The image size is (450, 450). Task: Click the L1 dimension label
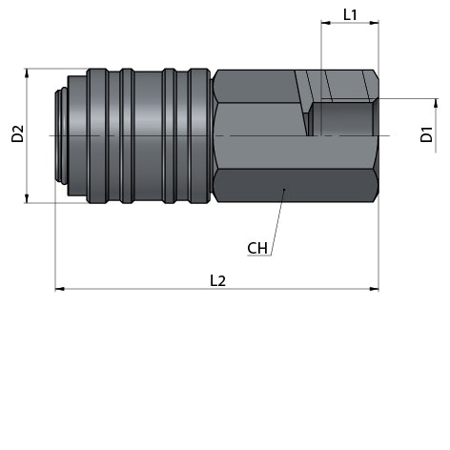[x=350, y=14]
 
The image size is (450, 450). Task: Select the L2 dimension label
[x=217, y=281]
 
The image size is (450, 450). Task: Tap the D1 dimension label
[x=426, y=134]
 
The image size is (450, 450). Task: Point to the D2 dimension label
[x=17, y=133]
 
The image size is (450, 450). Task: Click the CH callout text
[x=257, y=248]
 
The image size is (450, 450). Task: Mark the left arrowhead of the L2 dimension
[x=60, y=289]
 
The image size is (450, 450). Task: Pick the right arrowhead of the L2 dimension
[x=374, y=289]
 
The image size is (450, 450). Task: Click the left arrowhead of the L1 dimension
[x=326, y=23]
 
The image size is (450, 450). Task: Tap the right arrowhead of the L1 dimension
[x=374, y=23]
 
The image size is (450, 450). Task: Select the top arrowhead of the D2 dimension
[x=27, y=73]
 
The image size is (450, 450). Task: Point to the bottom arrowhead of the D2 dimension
[x=27, y=198]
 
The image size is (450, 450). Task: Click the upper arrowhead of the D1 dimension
[x=436, y=103]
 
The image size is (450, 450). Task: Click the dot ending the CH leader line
[x=284, y=190]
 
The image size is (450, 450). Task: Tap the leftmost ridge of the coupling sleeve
[x=97, y=135]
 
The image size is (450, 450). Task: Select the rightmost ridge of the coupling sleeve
[x=199, y=135]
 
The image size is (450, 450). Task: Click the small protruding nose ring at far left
[x=61, y=135]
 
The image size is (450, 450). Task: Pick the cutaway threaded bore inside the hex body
[x=343, y=119]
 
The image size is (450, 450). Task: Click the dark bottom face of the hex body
[x=296, y=186]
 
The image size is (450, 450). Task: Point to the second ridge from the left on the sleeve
[x=127, y=135]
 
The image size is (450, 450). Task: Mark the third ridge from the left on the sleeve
[x=170, y=135]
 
